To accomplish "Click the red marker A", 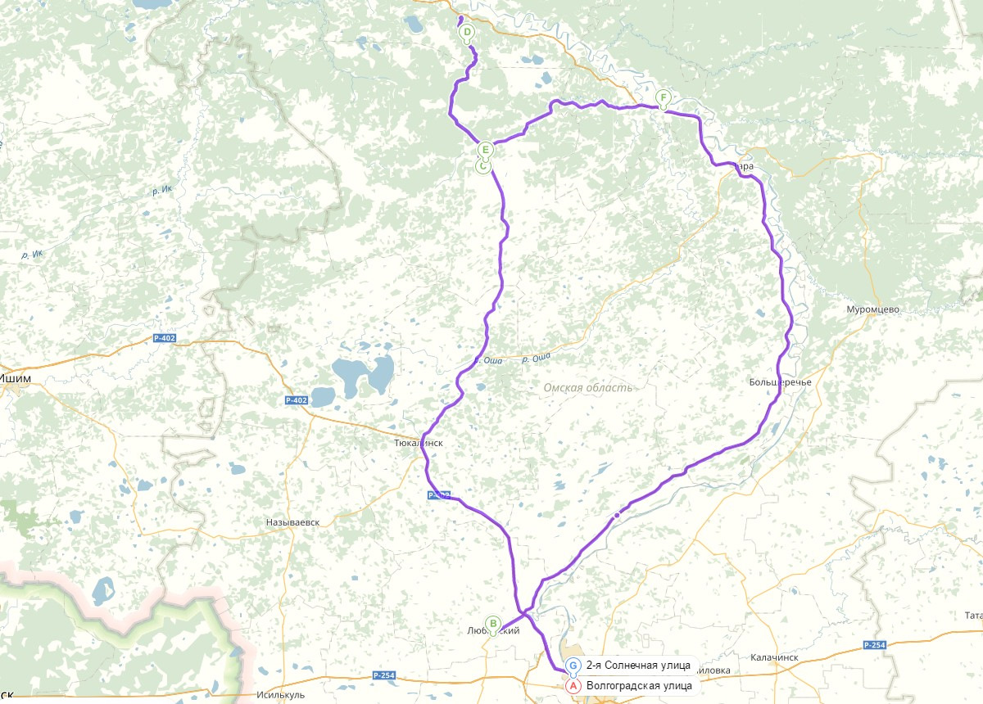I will pos(573,685).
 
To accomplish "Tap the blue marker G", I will pos(573,665).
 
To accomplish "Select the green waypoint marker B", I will pos(493,623).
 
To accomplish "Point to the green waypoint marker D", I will pos(467,33).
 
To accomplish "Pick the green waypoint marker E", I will pos(486,150).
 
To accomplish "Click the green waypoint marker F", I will pos(663,97).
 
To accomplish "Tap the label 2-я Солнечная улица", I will pos(638,665).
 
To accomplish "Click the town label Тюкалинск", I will pos(418,443).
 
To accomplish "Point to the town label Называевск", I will pos(292,522).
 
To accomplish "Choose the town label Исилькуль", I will pos(281,695).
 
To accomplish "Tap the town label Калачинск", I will pos(774,657).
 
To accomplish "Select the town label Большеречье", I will pos(779,382).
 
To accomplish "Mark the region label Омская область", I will pos(587,387).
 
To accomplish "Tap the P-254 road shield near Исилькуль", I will pos(383,675).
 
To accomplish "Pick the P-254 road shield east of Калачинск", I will pos(874,646).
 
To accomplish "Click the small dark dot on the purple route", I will pos(616,515).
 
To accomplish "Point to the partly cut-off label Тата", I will pos(972,615).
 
